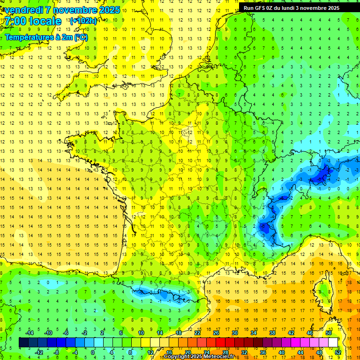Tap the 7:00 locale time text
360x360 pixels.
tap(31, 21)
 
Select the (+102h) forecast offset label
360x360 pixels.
tap(83, 21)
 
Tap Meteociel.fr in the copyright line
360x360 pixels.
tap(220, 357)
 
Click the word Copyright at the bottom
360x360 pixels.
tap(177, 357)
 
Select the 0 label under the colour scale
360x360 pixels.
tap(93, 352)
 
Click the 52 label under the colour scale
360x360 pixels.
tap(338, 352)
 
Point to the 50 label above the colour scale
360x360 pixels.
tap(329, 332)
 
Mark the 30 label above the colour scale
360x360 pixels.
tap(234, 332)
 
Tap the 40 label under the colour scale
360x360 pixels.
tap(282, 352)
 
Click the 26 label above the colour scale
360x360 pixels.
tap(216, 332)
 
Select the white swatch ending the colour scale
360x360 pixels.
tap(333, 342)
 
